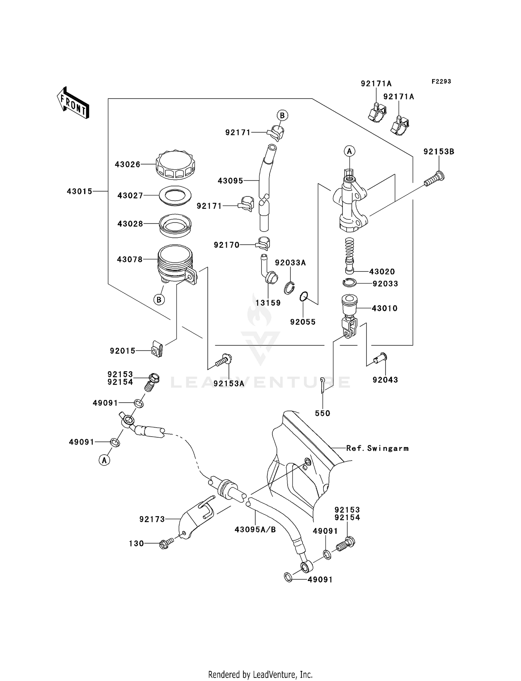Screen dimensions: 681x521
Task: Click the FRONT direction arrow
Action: [73, 103]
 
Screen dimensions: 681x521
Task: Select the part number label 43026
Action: [127, 164]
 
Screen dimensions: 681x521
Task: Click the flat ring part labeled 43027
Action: [175, 196]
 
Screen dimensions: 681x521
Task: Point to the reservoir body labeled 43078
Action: [175, 264]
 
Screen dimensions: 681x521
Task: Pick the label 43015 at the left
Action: [80, 191]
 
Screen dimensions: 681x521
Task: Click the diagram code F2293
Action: [441, 81]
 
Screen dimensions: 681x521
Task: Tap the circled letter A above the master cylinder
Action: [349, 151]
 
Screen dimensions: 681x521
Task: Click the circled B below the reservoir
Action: [159, 300]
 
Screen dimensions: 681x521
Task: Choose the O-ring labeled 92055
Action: [304, 297]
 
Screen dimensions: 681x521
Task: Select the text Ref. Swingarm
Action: [377, 448]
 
